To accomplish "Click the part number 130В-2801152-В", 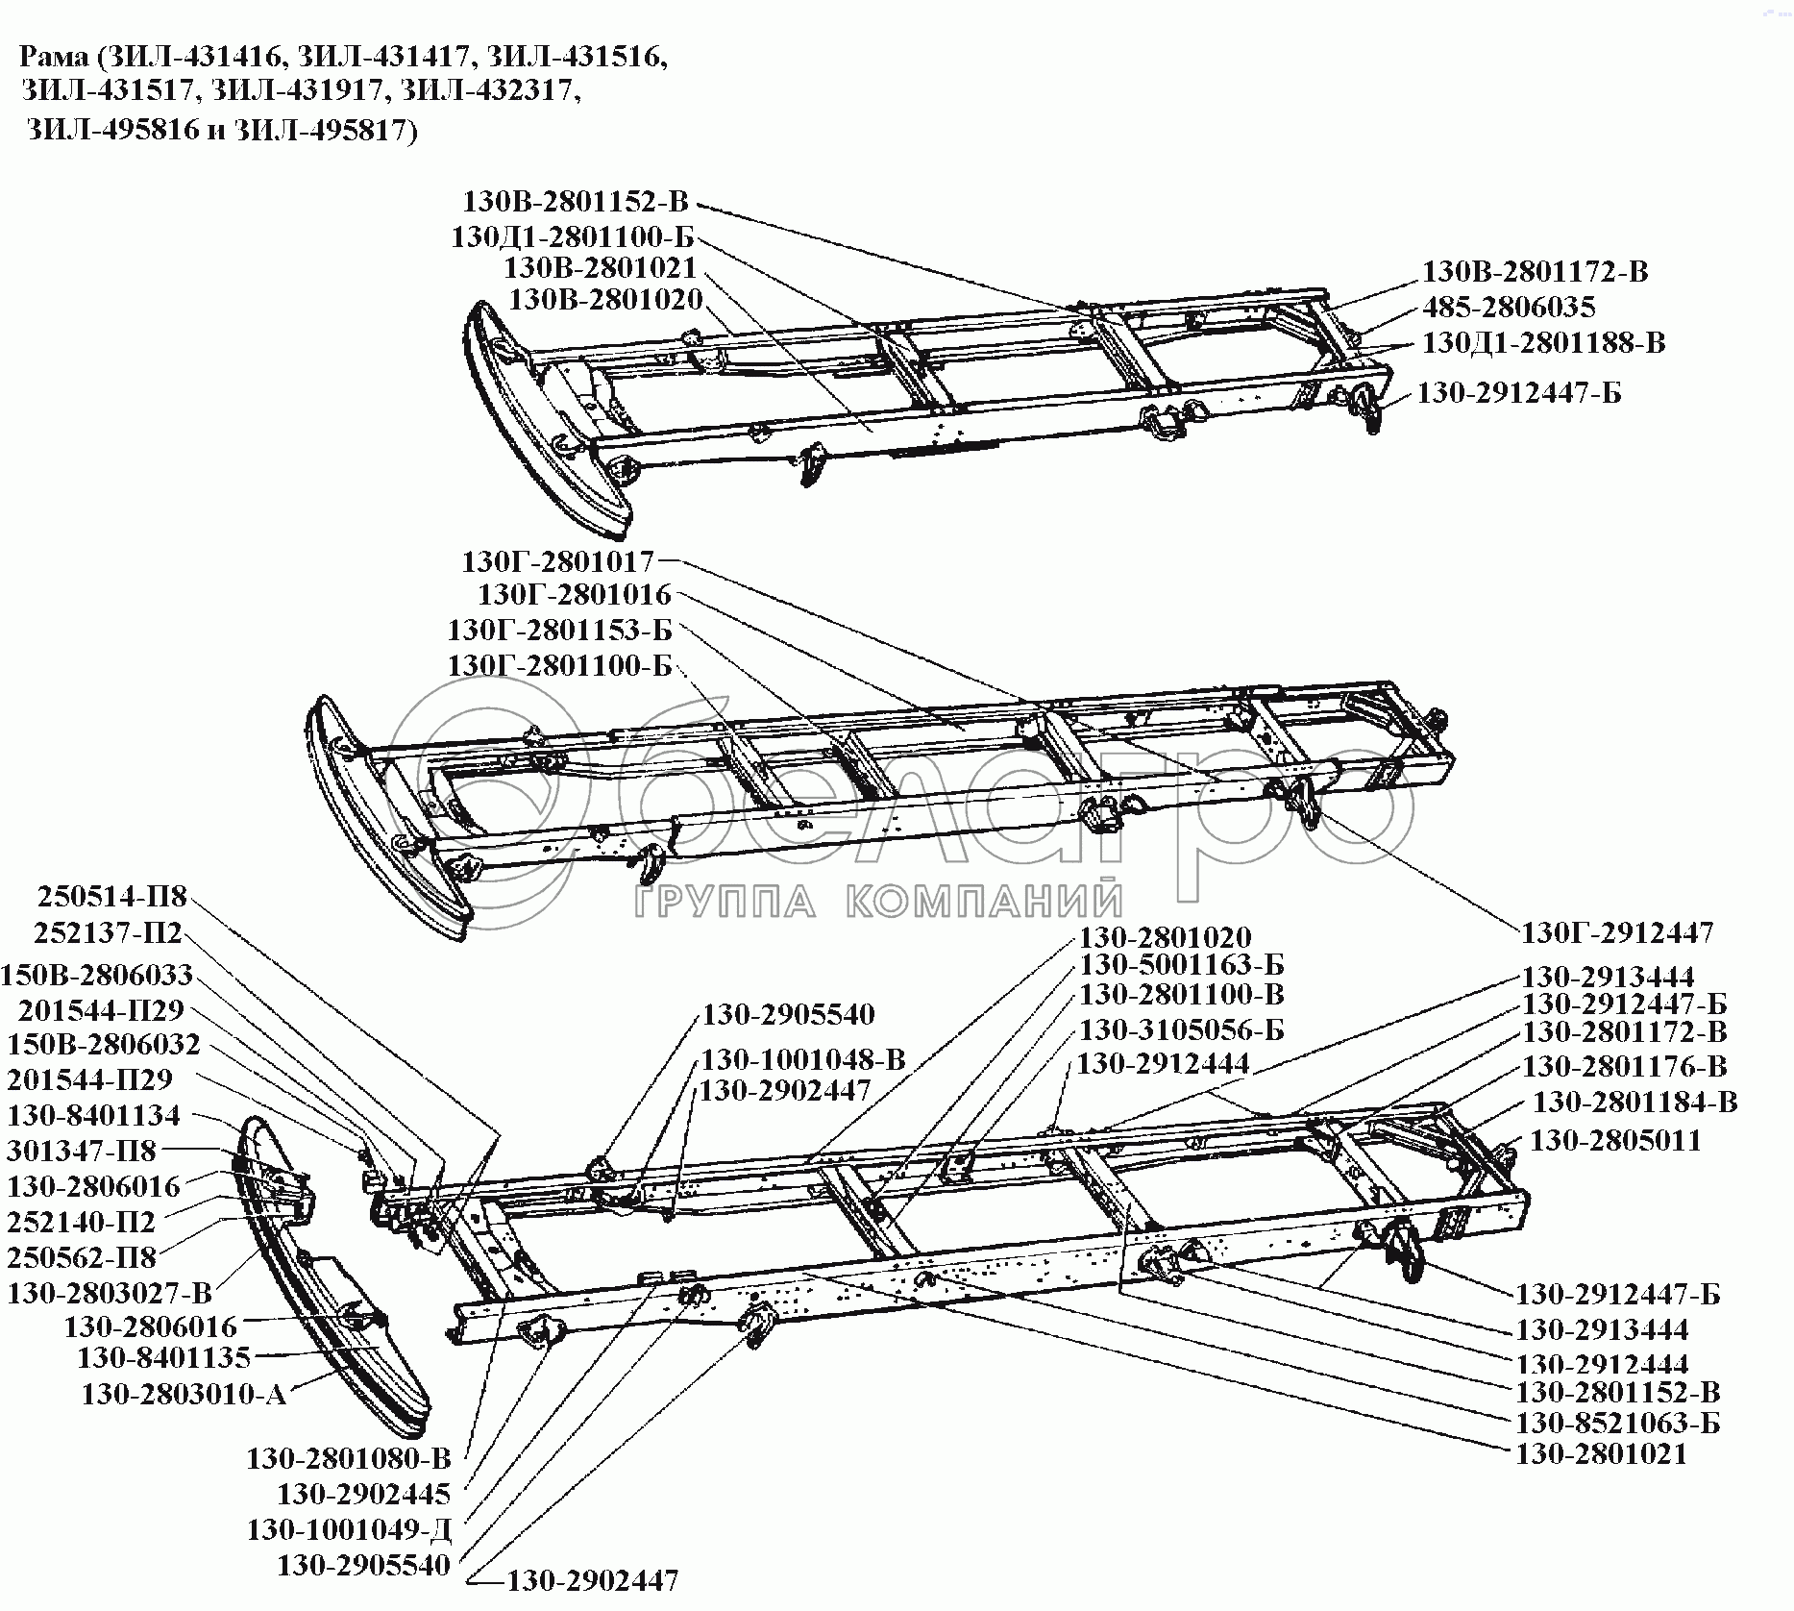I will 576,203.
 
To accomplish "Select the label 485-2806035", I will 1509,308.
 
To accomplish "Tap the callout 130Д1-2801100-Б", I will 572,237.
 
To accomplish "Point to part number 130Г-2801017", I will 557,561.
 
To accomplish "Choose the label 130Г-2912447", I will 1617,932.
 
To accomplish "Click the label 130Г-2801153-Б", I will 559,631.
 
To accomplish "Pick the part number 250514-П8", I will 112,897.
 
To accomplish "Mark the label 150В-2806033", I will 97,975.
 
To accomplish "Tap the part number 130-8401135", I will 163,1357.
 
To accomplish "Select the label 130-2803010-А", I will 184,1394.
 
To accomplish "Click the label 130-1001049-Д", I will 349,1529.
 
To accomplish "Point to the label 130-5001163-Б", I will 1182,964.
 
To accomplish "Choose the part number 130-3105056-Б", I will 1182,1030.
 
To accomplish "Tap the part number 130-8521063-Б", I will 1617,1423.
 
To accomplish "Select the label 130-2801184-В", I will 1634,1103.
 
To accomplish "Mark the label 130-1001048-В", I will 803,1060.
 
